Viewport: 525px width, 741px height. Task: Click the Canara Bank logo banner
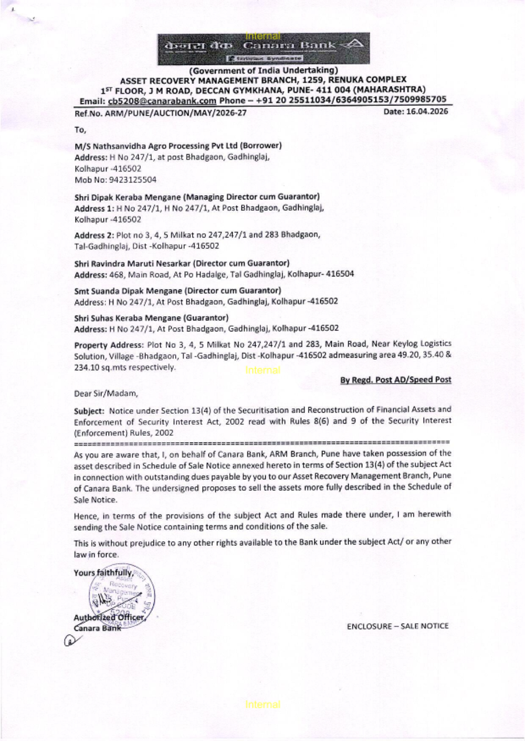tap(264, 48)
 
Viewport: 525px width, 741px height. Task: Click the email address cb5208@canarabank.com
tap(162, 101)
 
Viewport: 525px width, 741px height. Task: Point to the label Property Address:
tap(109, 345)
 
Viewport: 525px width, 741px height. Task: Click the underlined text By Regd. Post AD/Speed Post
tap(395, 380)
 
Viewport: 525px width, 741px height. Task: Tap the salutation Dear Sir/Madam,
tap(106, 393)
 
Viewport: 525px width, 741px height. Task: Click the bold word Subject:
tap(89, 410)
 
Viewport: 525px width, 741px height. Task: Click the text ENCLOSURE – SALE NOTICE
tap(397, 626)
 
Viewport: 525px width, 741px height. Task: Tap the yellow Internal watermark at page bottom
tap(262, 705)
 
